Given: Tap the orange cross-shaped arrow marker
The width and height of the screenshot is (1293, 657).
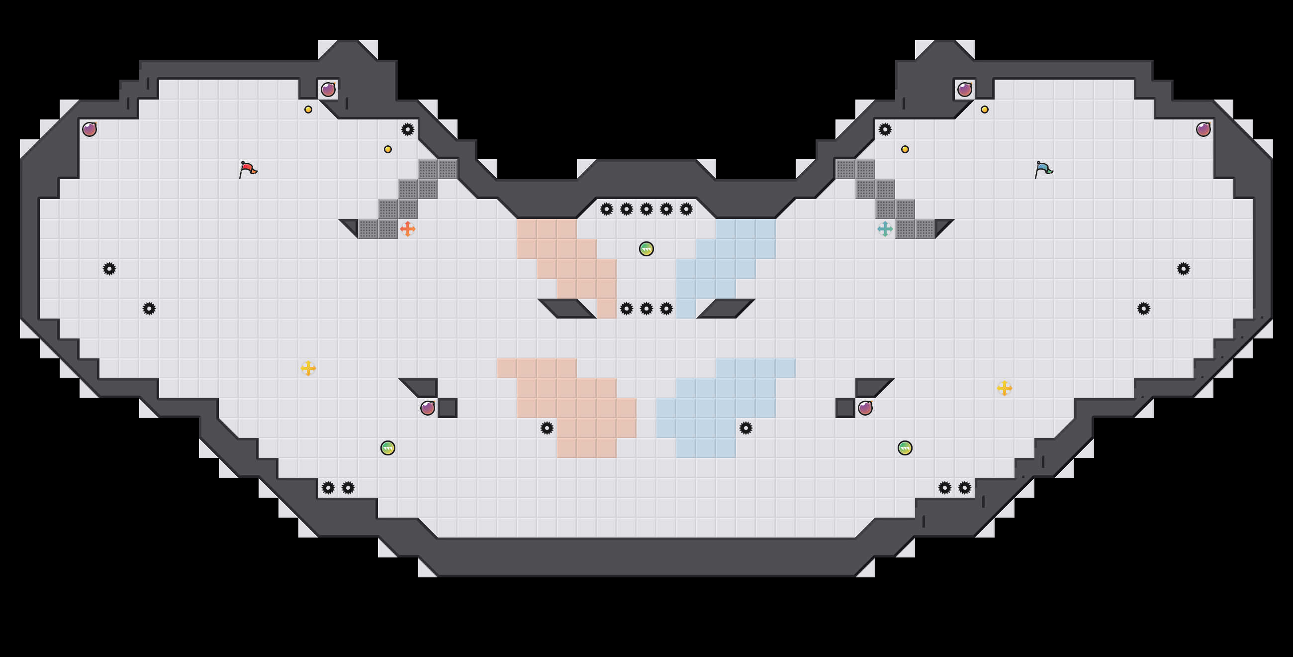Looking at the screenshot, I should point(408,229).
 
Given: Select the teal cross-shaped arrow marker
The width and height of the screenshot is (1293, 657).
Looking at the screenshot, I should point(885,229).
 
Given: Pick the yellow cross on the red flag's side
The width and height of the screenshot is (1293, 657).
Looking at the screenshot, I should point(308,368).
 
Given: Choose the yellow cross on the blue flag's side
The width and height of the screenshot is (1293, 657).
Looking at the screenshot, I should point(1005,388).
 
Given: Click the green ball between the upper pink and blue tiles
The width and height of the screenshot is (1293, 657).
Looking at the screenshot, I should point(646,249).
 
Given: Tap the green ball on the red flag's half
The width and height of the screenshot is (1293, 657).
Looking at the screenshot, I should point(387,447).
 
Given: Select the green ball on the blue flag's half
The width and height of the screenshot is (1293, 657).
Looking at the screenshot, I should point(905,447).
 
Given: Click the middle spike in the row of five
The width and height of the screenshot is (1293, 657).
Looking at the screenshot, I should point(646,209).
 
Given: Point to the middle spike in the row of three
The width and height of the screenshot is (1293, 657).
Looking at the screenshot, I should point(646,309).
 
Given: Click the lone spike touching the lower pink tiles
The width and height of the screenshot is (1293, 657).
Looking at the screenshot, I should point(547,428).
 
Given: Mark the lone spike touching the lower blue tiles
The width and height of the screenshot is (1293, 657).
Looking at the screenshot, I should point(746,428).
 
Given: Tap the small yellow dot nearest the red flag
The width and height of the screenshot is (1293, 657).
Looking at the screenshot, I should point(308,109).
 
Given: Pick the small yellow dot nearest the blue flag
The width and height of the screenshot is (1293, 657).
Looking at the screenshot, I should point(984,109).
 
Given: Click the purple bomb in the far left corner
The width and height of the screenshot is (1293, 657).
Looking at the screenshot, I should point(90,129).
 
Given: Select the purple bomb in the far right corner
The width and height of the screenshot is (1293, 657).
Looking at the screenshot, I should point(1203,129).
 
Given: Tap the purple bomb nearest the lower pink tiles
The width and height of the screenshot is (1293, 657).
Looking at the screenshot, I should point(428,408).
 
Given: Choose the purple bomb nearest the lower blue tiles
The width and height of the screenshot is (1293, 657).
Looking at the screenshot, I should point(865,408).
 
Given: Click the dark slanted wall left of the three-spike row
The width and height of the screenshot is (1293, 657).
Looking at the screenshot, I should point(567,309).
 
